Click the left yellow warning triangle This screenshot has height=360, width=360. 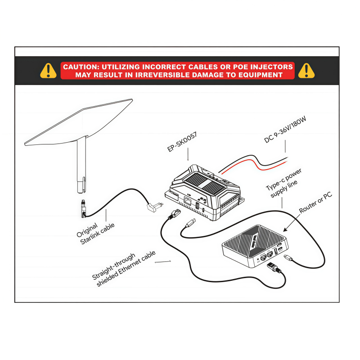(x=49, y=70)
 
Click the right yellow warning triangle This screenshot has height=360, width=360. (x=306, y=70)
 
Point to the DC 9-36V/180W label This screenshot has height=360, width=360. (x=285, y=130)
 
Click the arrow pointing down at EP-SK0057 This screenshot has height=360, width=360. (x=188, y=156)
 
